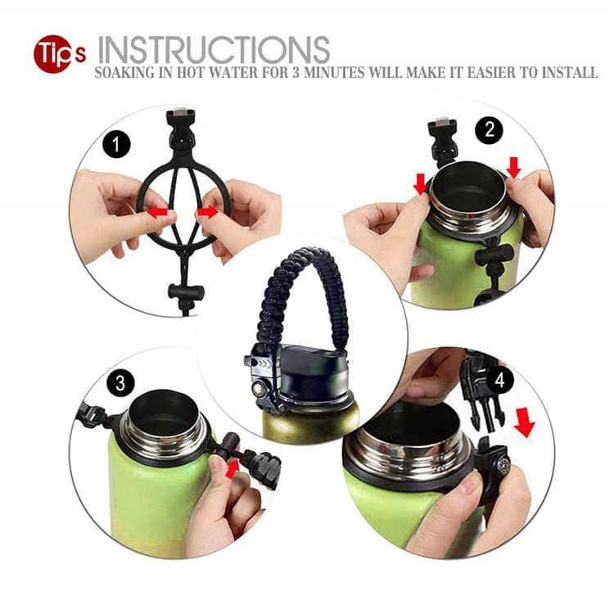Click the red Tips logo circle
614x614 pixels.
[x=54, y=54]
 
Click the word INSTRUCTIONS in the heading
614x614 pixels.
[x=214, y=50]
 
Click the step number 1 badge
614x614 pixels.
[x=116, y=145]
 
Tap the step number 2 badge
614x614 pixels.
[x=490, y=129]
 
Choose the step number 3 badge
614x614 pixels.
[x=120, y=382]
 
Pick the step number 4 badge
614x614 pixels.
[x=499, y=380]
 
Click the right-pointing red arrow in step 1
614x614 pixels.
[x=207, y=212]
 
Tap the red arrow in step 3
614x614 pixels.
[x=233, y=469]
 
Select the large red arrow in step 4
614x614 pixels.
[x=525, y=423]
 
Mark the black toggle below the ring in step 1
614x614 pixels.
[x=186, y=291]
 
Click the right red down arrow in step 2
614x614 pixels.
[x=514, y=167]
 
